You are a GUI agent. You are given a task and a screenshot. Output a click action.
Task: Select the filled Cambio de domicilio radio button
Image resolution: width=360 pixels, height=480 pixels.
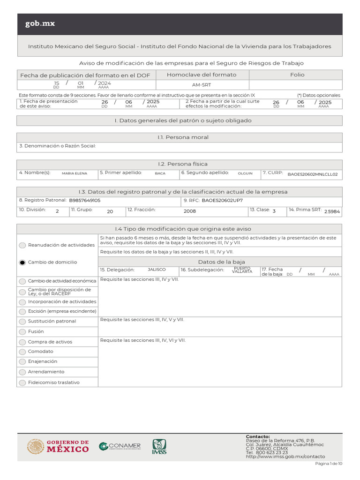tap(22, 262)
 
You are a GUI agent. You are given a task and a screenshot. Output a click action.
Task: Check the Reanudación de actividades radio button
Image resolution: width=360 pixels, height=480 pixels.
tap(22, 245)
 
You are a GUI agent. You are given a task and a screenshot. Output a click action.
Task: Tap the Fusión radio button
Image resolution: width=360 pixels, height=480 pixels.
tap(22, 331)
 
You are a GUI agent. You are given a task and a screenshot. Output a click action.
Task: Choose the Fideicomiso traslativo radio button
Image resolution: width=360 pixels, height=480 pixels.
tap(22, 382)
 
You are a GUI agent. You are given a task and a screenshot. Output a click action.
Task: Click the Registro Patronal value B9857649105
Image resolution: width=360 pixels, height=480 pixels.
tap(85, 201)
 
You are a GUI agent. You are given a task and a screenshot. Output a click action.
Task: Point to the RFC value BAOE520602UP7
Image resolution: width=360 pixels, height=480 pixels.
tap(222, 201)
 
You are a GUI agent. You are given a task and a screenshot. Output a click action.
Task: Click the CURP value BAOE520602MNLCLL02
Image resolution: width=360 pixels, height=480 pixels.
tap(312, 174)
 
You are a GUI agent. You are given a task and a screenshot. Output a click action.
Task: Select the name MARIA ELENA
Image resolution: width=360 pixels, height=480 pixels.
tap(75, 173)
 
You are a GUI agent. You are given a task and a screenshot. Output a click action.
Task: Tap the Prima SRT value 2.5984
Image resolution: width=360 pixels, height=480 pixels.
tap(332, 211)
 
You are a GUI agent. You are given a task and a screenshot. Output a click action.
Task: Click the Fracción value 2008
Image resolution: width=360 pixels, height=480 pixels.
tap(190, 211)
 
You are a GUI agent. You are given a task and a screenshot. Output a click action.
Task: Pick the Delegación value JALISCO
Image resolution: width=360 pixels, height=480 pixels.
tap(157, 270)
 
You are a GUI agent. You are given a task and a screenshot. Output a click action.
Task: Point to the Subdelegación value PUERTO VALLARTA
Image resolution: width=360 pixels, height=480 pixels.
tap(242, 270)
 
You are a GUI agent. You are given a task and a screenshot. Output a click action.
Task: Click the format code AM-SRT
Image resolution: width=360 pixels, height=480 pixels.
tap(202, 85)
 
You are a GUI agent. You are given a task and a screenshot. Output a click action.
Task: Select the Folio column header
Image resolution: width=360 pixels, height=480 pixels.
tap(297, 75)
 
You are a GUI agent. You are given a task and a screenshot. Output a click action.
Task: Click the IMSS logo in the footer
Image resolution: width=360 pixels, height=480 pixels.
tap(159, 447)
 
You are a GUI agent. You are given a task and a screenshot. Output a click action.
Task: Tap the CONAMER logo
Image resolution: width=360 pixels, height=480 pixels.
tap(120, 446)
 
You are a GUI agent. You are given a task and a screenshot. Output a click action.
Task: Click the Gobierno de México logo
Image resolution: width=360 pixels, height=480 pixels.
tap(58, 446)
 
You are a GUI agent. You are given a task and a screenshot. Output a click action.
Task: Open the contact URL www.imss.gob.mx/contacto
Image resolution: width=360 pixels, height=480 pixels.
tap(285, 457)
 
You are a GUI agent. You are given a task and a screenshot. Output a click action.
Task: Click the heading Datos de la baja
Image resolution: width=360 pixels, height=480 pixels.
tap(221, 262)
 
